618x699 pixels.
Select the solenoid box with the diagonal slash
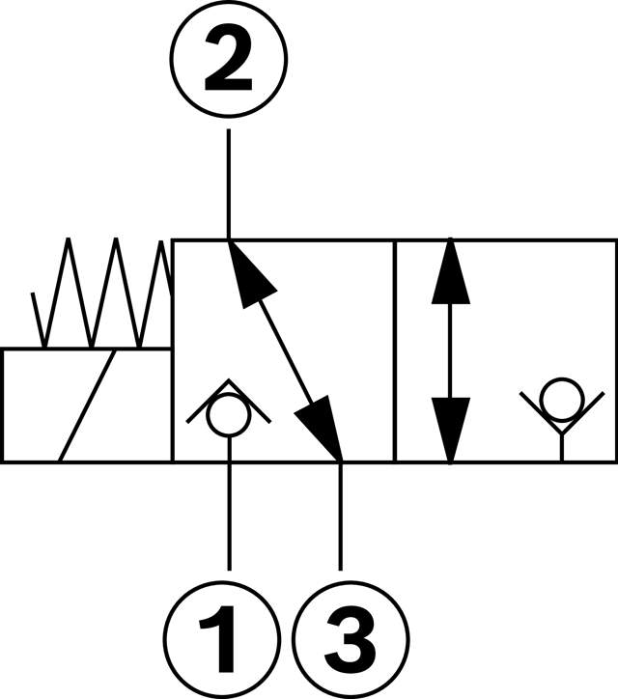click(x=86, y=405)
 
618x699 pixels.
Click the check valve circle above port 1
click(x=228, y=417)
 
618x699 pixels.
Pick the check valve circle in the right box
click(x=560, y=398)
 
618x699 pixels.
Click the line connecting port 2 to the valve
click(x=228, y=183)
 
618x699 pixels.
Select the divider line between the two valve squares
click(x=395, y=350)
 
